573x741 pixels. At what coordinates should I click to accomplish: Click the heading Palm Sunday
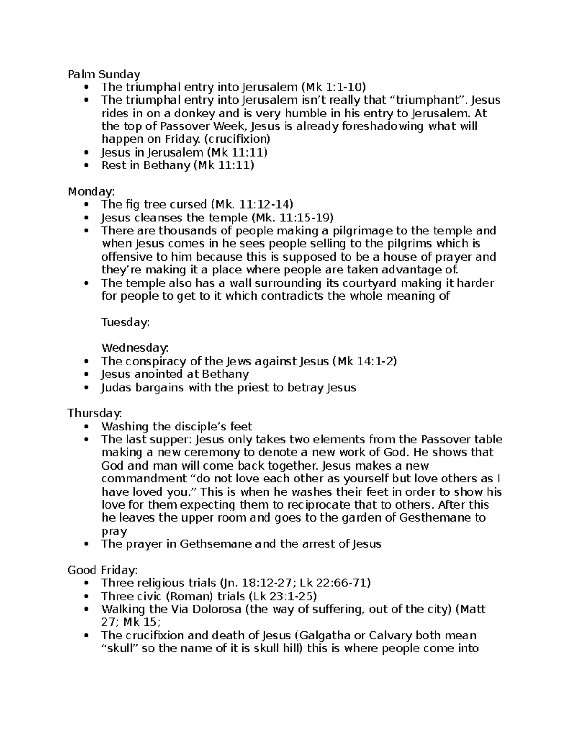[x=104, y=74]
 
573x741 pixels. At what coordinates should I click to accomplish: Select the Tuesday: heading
[x=126, y=322]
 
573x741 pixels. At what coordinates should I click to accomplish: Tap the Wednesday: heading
[x=135, y=348]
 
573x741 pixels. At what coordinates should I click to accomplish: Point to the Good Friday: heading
[x=103, y=570]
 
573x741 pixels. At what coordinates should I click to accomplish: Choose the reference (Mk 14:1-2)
[x=364, y=361]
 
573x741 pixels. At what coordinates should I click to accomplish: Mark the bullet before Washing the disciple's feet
[x=86, y=427]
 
